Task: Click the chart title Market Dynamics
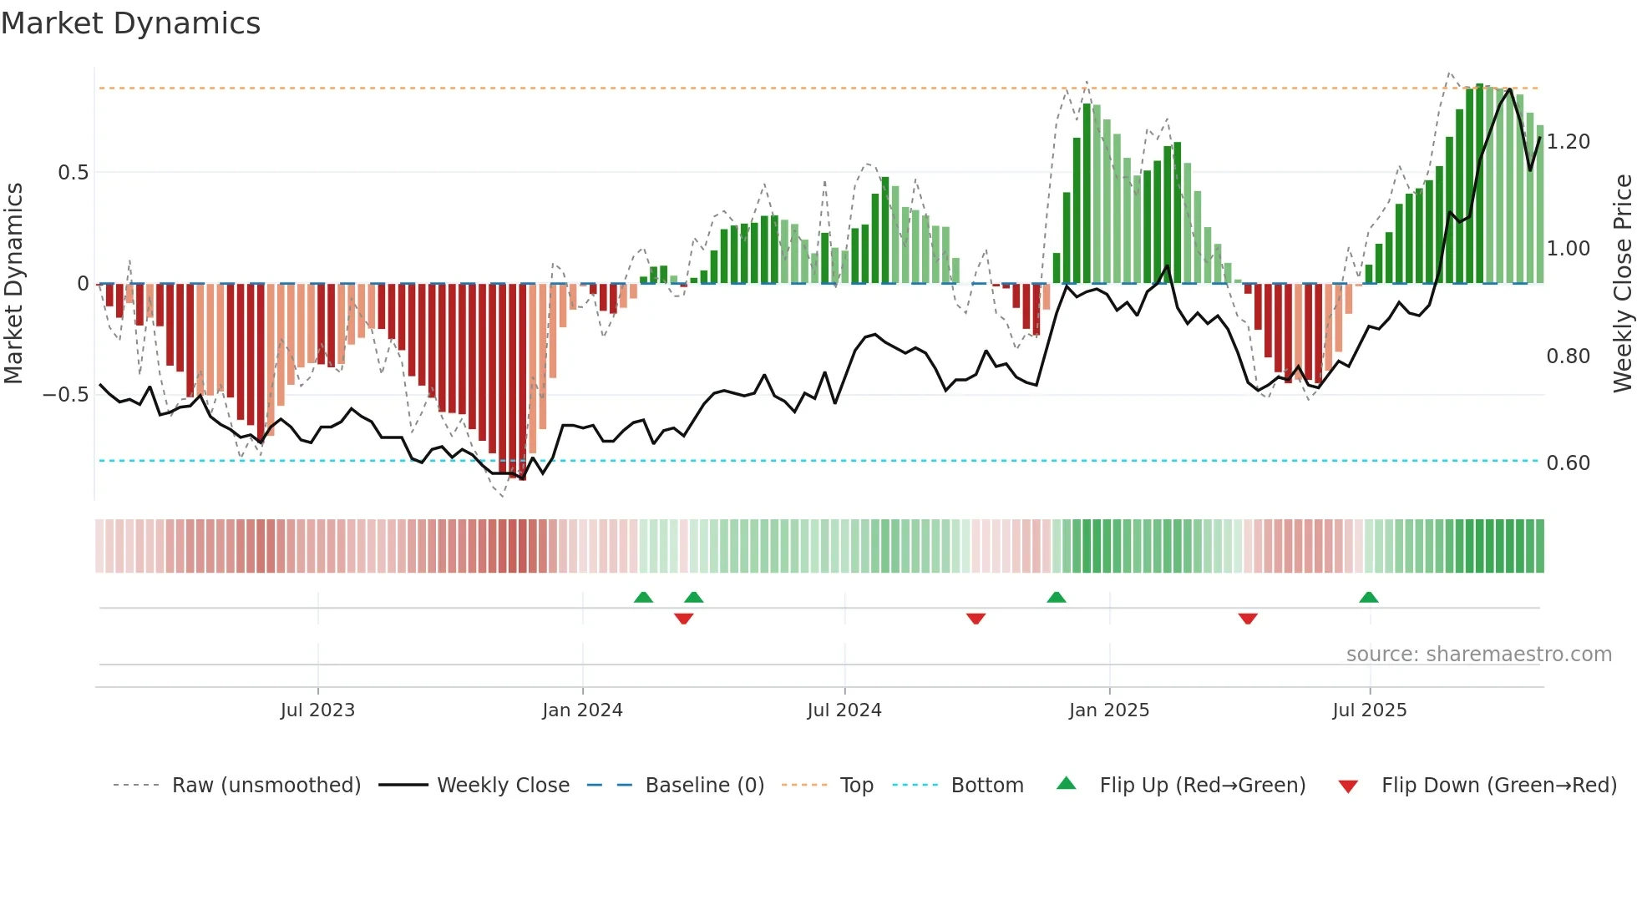pyautogui.click(x=130, y=23)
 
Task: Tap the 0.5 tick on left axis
pyautogui.click(x=73, y=173)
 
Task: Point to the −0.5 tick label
pyautogui.click(x=66, y=395)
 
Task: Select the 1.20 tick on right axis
pyautogui.click(x=1568, y=142)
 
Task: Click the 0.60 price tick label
pyautogui.click(x=1568, y=463)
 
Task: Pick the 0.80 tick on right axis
pyautogui.click(x=1568, y=356)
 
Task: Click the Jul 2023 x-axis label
pyautogui.click(x=317, y=710)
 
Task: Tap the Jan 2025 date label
pyautogui.click(x=1108, y=710)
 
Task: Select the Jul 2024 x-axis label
pyautogui.click(x=844, y=710)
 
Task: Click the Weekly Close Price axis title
pyautogui.click(x=1622, y=284)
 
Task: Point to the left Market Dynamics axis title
pyautogui.click(x=13, y=284)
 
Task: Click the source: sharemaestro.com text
pyautogui.click(x=1478, y=655)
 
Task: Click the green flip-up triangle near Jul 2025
pyautogui.click(x=1368, y=598)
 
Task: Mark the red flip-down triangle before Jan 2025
pyautogui.click(x=976, y=619)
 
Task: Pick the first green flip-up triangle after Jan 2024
pyautogui.click(x=643, y=598)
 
